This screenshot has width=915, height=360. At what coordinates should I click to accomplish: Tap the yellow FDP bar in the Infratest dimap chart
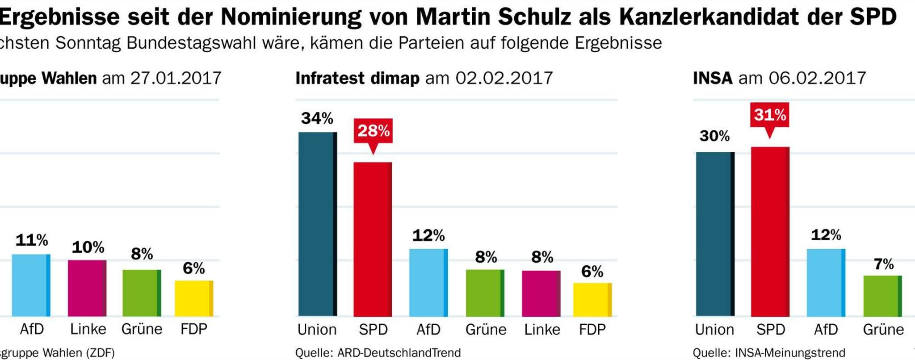[x=592, y=299]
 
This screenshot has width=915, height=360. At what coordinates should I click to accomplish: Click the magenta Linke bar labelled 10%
[x=87, y=288]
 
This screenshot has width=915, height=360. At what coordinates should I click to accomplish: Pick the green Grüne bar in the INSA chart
[x=882, y=296]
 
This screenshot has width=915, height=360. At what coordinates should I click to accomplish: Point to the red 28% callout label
[x=373, y=131]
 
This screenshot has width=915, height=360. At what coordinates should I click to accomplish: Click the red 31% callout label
[x=770, y=115]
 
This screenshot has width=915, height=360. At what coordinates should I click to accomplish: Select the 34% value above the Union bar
[x=317, y=118]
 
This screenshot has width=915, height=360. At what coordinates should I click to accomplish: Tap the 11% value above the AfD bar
[x=32, y=240]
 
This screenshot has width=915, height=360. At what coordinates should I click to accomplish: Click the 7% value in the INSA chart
[x=883, y=264]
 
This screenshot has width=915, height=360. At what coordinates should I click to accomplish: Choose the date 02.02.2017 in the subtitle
[x=504, y=78]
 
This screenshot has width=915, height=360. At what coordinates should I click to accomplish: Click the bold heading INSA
[x=713, y=78]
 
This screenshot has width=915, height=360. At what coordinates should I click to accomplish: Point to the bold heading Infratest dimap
[x=357, y=78]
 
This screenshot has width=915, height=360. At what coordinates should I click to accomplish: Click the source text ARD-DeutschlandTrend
[x=399, y=353]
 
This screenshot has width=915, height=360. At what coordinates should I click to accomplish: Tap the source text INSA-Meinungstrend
[x=790, y=353]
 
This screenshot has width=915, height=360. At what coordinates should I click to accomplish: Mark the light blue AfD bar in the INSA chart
[x=826, y=282]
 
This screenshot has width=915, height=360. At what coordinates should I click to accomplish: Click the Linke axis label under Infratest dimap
[x=542, y=330]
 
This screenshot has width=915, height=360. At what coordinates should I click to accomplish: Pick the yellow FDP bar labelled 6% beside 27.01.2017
[x=193, y=298]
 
